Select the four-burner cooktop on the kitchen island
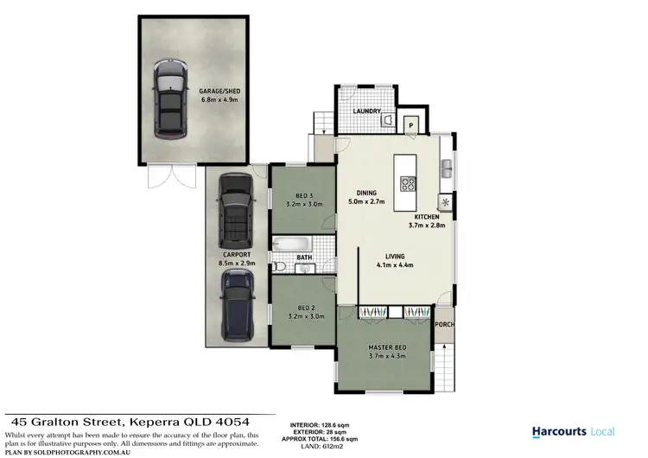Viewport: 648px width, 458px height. [409, 183]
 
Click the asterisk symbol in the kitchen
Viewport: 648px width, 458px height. [446, 202]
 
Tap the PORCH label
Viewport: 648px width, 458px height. [445, 325]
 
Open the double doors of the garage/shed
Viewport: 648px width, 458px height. [163, 178]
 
